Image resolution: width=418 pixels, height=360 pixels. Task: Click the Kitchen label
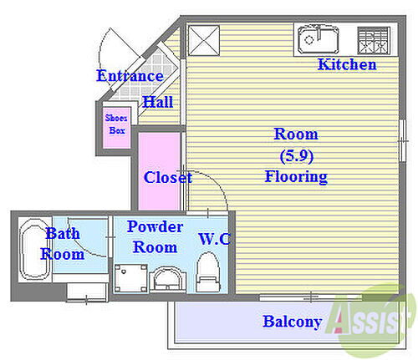tap(347, 64)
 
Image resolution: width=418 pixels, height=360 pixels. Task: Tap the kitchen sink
tap(318, 40)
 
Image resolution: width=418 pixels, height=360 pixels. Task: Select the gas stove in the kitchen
tap(374, 40)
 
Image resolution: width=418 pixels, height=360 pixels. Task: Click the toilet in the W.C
tap(208, 272)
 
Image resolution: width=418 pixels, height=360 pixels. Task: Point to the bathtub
tap(34, 249)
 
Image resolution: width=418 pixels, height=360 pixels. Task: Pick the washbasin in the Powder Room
tap(167, 279)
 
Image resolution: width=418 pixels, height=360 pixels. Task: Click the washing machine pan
tap(131, 278)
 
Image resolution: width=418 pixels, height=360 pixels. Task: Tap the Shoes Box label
tap(116, 124)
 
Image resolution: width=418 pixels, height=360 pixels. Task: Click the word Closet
tap(168, 177)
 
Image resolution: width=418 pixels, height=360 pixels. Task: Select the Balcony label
tap(293, 322)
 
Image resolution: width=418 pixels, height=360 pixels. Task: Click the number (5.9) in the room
tap(297, 156)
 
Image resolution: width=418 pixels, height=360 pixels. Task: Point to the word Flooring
tap(296, 177)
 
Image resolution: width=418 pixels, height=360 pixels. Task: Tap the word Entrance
tap(130, 76)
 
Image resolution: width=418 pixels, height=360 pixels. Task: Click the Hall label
tap(158, 102)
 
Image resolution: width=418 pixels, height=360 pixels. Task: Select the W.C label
tap(215, 239)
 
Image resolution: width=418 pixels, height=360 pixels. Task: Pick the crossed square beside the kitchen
tap(204, 41)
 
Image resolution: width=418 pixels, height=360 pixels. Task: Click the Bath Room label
tap(63, 244)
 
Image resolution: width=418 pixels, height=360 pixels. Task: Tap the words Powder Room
tap(155, 237)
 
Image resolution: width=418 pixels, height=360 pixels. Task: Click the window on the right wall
tap(402, 140)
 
